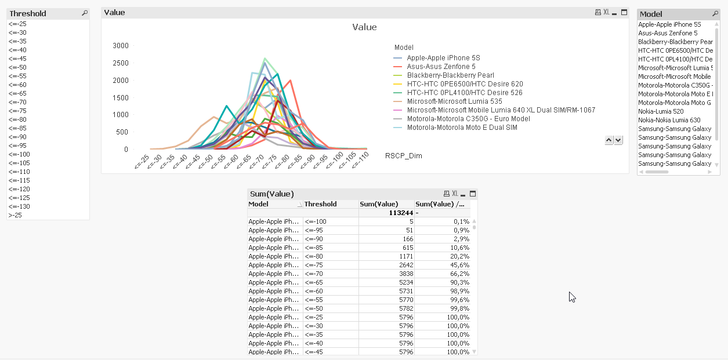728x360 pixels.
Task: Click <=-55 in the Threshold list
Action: pos(17,76)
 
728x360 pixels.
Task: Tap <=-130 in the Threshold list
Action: pos(19,206)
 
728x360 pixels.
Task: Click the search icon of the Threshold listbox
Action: pos(85,13)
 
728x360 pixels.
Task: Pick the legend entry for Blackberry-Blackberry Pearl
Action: pos(450,75)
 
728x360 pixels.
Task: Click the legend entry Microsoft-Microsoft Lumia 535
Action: pos(454,101)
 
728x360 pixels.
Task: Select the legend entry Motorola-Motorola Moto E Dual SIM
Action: pos(462,128)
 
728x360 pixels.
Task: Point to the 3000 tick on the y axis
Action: pos(121,45)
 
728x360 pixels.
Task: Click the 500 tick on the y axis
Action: pos(122,132)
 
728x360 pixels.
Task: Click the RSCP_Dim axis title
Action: pos(403,156)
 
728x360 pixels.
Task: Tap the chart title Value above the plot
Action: pos(364,27)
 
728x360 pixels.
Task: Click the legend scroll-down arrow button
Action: pos(618,140)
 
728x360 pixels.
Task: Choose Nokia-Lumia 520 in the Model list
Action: pos(661,111)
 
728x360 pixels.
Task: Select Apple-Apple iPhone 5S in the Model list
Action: pos(669,24)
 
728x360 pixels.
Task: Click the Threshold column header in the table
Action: pos(320,204)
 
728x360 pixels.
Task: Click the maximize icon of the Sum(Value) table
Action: pos(473,194)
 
